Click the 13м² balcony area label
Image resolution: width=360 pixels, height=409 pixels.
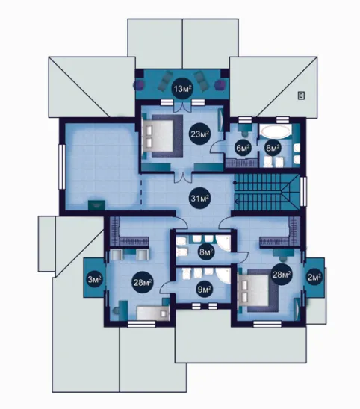pos(182,89)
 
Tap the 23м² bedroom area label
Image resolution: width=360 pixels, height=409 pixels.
pos(200,134)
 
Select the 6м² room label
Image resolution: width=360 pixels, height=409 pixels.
pos(243,149)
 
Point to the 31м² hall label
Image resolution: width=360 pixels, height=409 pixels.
pos(200,199)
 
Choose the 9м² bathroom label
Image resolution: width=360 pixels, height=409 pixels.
pos(205,289)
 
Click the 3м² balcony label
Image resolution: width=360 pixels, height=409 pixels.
pos(94,280)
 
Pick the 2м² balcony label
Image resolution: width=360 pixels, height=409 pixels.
pos(314,277)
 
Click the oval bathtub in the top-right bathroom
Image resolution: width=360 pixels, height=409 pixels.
pos(276,131)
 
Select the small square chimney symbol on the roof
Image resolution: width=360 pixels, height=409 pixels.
pos(301,96)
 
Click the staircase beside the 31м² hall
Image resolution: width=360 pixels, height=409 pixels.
pos(267,192)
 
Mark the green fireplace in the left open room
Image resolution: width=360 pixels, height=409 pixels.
pos(96,205)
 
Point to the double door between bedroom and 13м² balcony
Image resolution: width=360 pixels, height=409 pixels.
pos(182,106)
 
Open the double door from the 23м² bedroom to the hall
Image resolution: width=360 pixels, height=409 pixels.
pos(183,178)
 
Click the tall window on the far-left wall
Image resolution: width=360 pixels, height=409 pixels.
pos(61,166)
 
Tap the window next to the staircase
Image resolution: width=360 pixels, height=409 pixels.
pos(303,192)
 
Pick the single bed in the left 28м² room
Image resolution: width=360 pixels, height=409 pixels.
pos(153,313)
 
